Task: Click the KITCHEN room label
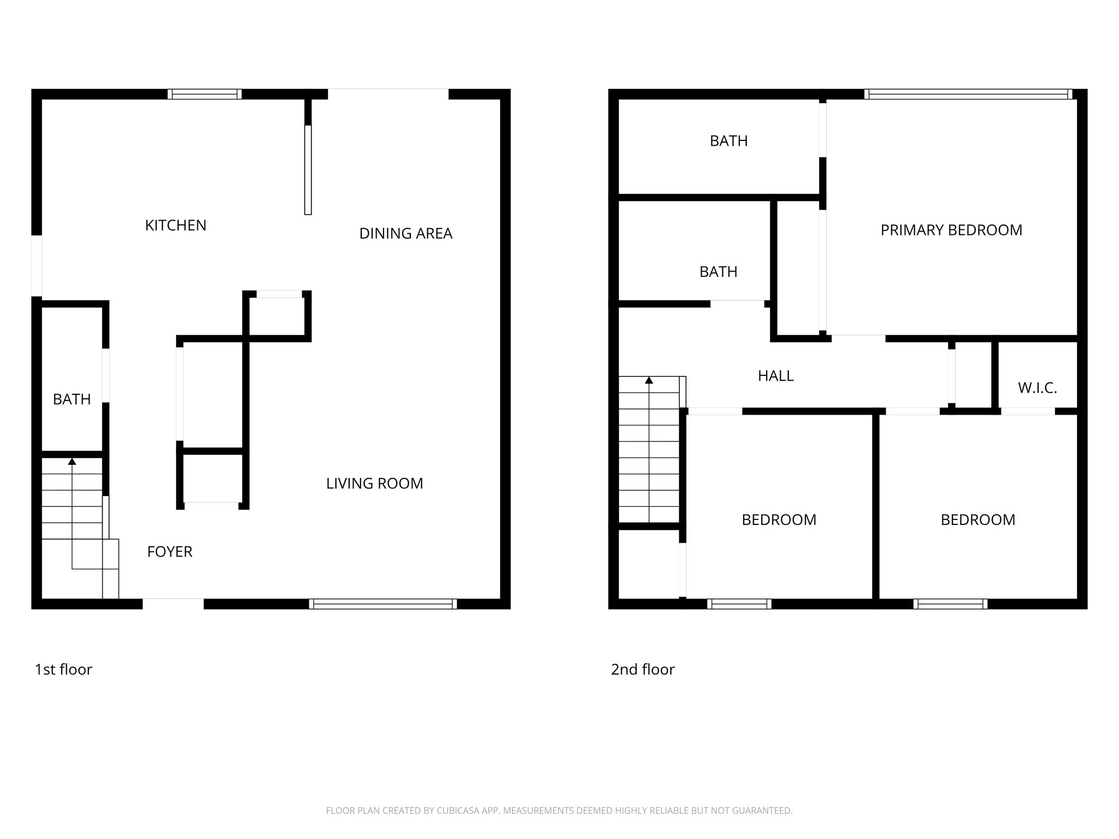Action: click(x=175, y=225)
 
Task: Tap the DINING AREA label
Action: click(x=405, y=233)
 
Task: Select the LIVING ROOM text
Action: click(x=374, y=483)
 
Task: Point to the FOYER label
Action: click(x=169, y=552)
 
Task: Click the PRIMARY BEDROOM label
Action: click(x=951, y=230)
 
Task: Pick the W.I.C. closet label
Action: click(x=1037, y=388)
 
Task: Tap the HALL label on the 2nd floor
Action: click(x=775, y=376)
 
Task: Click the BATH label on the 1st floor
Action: click(x=72, y=399)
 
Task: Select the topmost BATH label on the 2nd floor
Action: click(x=728, y=141)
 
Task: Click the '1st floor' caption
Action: click(x=63, y=669)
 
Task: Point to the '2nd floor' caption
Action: click(x=643, y=669)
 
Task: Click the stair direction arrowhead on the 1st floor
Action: click(x=72, y=462)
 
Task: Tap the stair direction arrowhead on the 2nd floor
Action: click(x=649, y=380)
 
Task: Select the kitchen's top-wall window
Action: click(x=204, y=94)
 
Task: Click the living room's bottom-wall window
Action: click(x=382, y=604)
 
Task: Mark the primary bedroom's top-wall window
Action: click(x=968, y=94)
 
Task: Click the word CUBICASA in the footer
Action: click(x=458, y=811)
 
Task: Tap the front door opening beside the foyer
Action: click(x=173, y=604)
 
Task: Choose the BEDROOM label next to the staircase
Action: click(x=779, y=519)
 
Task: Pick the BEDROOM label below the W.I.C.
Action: click(x=977, y=519)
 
